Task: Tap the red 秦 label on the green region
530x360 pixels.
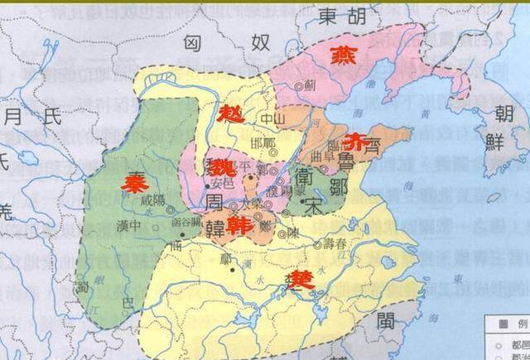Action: [x=130, y=183]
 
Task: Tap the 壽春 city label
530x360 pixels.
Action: [x=340, y=245]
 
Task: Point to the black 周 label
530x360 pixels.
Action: [x=216, y=200]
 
